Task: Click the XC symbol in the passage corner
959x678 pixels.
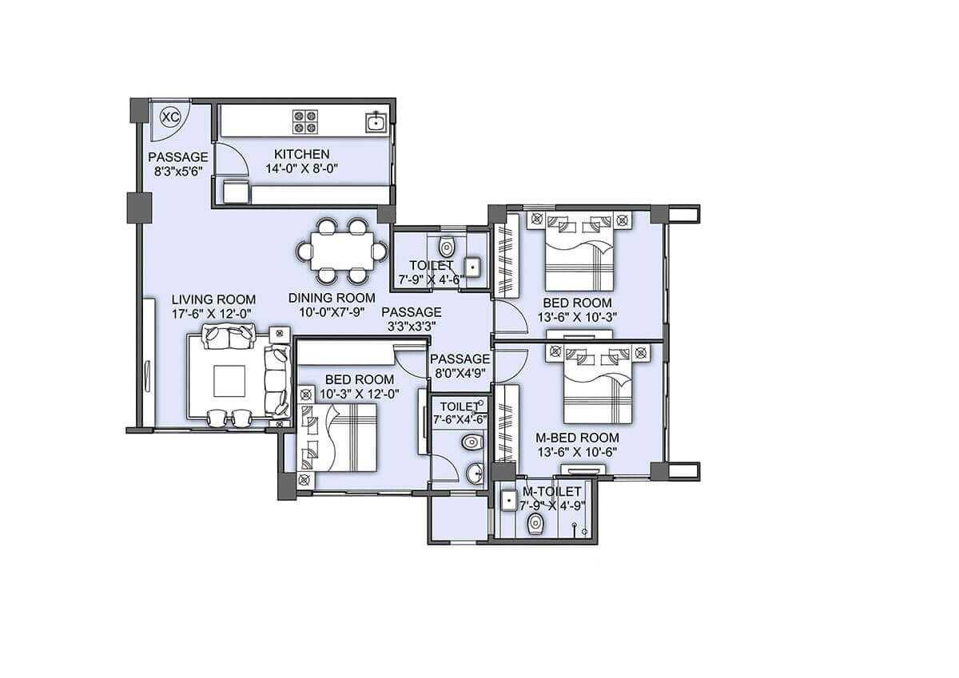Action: (169, 117)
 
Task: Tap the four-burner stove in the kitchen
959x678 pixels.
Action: (304, 121)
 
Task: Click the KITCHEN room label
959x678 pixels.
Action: (301, 154)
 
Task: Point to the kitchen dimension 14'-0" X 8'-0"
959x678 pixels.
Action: (301, 169)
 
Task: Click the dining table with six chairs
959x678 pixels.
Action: (341, 252)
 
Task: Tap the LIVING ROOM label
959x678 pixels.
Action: (213, 299)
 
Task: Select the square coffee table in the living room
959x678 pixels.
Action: (229, 380)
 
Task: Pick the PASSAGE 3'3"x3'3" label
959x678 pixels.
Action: (411, 319)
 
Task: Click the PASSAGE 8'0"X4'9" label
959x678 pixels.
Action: (460, 366)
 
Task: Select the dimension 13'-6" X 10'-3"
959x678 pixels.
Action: (577, 317)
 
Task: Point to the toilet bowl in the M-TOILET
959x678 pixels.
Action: (535, 523)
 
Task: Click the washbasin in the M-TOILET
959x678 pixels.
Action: (507, 501)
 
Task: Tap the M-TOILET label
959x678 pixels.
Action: (552, 491)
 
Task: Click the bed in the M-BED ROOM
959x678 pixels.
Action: (598, 389)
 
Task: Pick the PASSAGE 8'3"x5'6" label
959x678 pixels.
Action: (178, 164)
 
